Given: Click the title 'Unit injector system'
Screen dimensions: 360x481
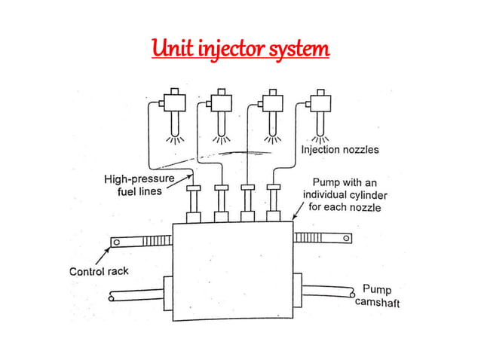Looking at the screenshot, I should point(240,50).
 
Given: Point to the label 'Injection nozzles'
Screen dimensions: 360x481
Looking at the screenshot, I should point(340,150).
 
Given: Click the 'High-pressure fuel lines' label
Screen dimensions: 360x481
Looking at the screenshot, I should point(139,185).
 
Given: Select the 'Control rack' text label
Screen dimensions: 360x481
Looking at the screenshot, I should point(99,271).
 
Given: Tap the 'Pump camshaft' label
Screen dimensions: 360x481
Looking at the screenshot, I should point(377,296).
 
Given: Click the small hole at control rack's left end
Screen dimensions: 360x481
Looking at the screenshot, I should point(116,242).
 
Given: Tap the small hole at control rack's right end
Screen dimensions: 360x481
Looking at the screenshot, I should point(345,239).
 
